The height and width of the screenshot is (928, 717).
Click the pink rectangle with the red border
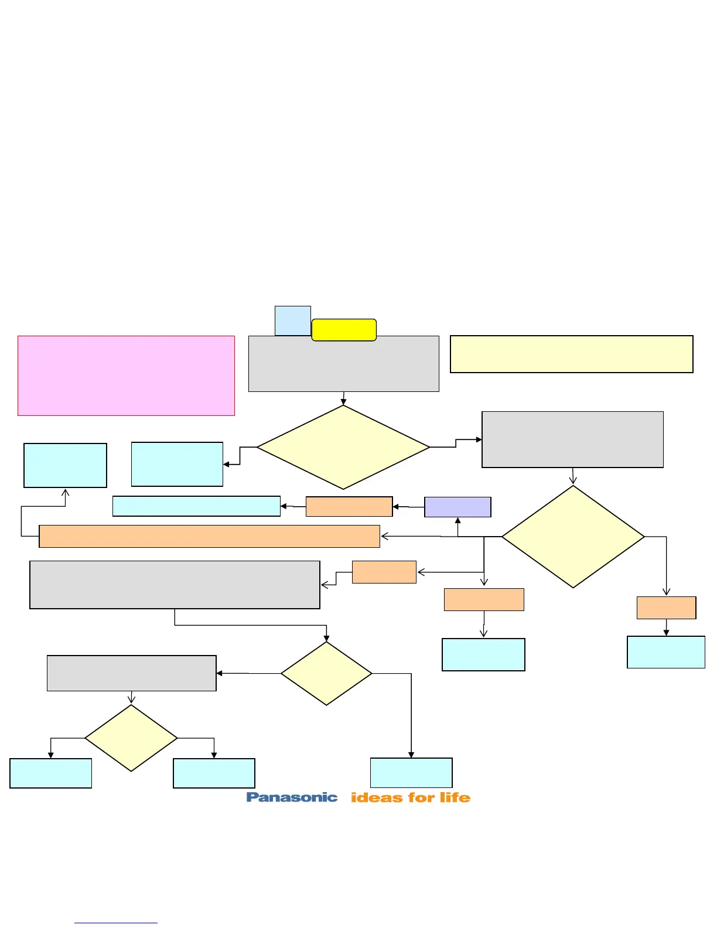pos(126,376)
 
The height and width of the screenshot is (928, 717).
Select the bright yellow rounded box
pos(344,330)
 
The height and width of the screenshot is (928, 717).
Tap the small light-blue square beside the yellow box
pos(292,320)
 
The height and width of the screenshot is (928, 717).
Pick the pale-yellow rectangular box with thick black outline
pos(571,354)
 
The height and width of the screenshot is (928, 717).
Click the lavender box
pos(457,507)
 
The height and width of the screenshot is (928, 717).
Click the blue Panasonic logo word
pos(292,797)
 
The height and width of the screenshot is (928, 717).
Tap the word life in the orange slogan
pos(455,797)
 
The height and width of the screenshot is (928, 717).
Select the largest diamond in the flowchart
pos(343,447)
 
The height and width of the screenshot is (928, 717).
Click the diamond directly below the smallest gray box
pos(131,738)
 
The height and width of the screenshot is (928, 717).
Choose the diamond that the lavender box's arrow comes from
pos(573,536)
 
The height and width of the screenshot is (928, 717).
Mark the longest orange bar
pos(209,536)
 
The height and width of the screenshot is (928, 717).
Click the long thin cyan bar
pos(196,506)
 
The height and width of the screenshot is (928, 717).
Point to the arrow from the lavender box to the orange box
pos(408,507)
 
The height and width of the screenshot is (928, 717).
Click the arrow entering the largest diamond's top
pos(343,399)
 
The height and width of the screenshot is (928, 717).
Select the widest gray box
pos(175,585)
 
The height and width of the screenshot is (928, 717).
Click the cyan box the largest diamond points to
pos(177,464)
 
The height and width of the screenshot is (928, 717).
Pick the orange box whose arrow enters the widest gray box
pos(384,572)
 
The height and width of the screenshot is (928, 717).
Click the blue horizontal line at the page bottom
pos(116,923)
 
